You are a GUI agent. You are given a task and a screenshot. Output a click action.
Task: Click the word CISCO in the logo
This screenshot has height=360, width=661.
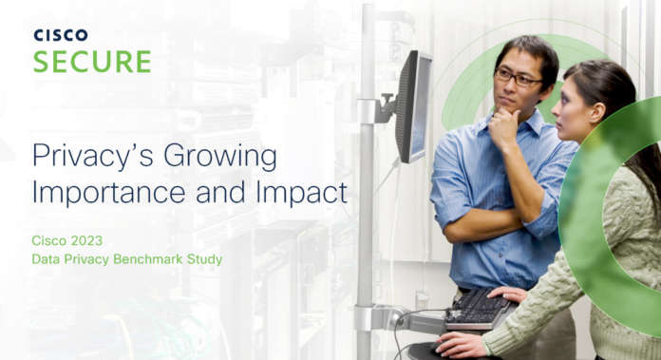coord(61,35)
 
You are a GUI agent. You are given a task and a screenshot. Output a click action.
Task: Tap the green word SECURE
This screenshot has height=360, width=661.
coord(92,62)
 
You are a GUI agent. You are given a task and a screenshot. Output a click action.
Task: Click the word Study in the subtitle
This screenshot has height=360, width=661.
coord(204,258)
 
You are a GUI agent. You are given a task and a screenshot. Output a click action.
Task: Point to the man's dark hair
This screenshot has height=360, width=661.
coord(527,52)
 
